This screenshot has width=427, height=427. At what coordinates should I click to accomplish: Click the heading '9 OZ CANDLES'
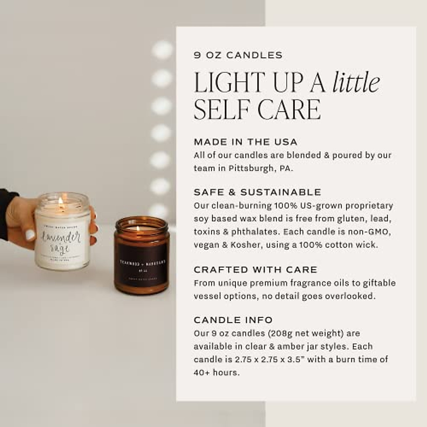coord(238,55)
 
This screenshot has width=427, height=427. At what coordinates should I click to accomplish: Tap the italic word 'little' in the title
coord(356,83)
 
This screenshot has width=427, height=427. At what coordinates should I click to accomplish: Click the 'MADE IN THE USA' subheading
coord(245,142)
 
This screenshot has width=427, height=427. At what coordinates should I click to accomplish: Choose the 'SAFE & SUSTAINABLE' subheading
coord(257,193)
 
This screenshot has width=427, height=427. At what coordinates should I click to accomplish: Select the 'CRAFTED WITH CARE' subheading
coord(255,270)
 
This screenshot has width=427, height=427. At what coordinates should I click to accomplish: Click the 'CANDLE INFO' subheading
coord(233,320)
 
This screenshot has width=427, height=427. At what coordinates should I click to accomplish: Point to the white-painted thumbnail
coord(30,235)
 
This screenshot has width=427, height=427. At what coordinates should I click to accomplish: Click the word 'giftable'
coord(379,283)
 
